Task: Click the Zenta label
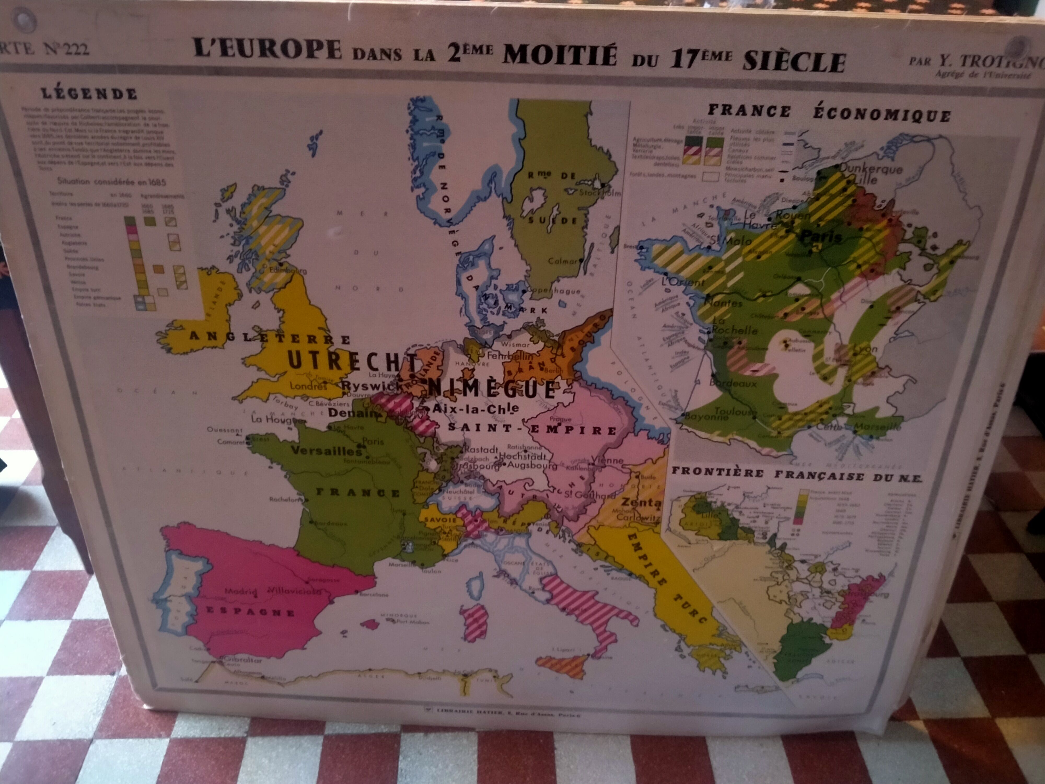click(x=641, y=502)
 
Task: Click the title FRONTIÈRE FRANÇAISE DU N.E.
click(x=797, y=475)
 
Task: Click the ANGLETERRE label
click(x=269, y=337)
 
